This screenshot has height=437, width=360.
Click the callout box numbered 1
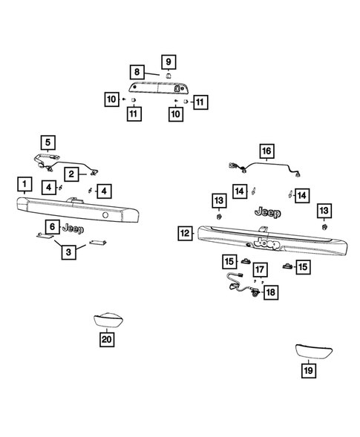click(24, 184)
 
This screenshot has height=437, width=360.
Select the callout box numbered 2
click(71, 174)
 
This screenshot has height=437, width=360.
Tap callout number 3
click(68, 252)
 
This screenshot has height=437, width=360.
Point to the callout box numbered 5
click(48, 142)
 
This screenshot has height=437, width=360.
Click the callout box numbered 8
click(137, 72)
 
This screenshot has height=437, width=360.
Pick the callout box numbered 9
click(168, 62)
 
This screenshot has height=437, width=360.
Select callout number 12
click(185, 233)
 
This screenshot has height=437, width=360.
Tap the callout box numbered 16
click(266, 151)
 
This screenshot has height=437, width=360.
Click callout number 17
click(260, 269)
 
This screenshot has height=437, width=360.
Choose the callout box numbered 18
click(271, 292)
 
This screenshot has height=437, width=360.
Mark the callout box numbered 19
click(308, 371)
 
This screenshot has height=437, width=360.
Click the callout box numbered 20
click(107, 340)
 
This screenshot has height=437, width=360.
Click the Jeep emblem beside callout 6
click(73, 229)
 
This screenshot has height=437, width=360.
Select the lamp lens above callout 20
click(108, 320)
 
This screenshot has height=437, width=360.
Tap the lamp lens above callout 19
click(314, 352)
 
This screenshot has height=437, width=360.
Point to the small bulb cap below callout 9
click(168, 76)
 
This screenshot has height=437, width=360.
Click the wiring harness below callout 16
click(264, 168)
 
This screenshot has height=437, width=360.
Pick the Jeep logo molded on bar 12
click(267, 243)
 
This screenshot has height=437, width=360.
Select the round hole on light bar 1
click(105, 215)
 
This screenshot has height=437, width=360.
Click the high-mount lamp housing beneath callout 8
click(157, 88)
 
